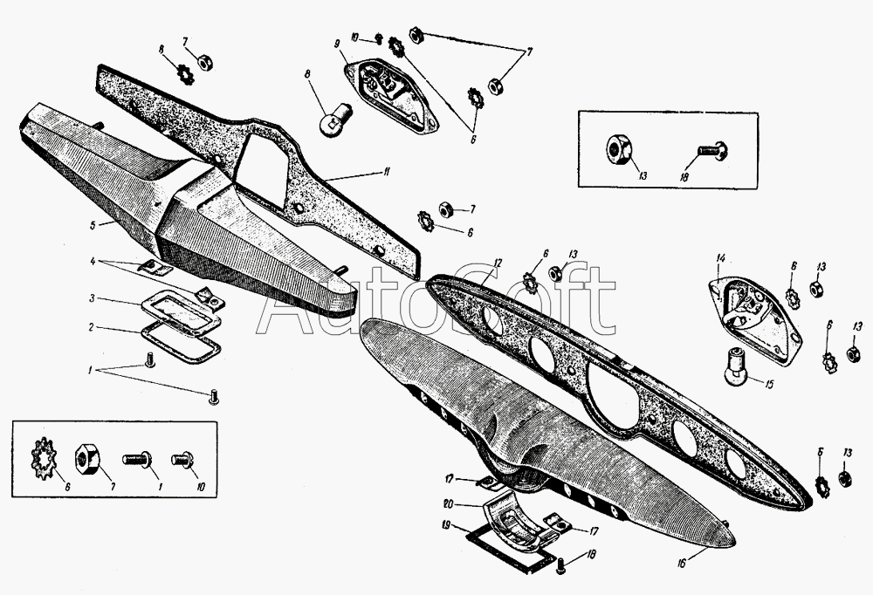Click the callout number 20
click(447, 503)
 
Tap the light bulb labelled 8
click(335, 117)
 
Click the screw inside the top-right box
click(715, 151)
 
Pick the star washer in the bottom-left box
click(43, 456)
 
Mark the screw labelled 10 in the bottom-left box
click(183, 456)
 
